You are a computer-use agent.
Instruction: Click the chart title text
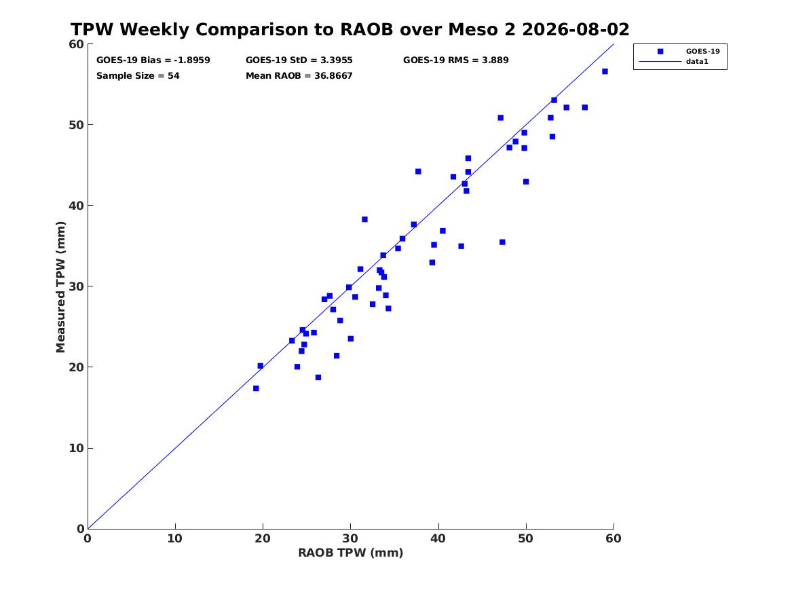[x=350, y=29]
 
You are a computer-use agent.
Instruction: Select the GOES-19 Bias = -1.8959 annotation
[x=153, y=60]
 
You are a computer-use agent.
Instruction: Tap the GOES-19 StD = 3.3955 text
[x=299, y=60]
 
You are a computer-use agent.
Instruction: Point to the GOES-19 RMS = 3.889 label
[x=455, y=60]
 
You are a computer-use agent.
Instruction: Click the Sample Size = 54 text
[x=138, y=76]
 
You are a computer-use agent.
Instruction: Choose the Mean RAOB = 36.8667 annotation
[x=299, y=76]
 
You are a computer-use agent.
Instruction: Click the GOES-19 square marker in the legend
[x=660, y=52]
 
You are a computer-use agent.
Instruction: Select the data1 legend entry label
[x=697, y=62]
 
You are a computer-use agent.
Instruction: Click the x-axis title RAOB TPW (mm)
[x=351, y=553]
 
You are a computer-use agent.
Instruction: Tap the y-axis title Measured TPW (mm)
[x=60, y=287]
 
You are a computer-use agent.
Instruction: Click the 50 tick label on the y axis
[x=76, y=125]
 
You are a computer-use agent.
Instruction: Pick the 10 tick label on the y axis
[x=76, y=448]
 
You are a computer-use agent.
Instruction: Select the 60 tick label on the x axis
[x=614, y=538]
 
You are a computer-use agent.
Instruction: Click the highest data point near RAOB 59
[x=605, y=71]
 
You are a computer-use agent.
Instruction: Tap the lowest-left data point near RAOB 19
[x=256, y=388]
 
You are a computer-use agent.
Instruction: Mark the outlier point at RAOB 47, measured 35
[x=502, y=242]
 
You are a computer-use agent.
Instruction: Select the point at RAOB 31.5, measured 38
[x=364, y=219]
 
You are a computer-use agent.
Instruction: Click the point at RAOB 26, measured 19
[x=318, y=377]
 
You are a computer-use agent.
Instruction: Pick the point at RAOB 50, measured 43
[x=526, y=181]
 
